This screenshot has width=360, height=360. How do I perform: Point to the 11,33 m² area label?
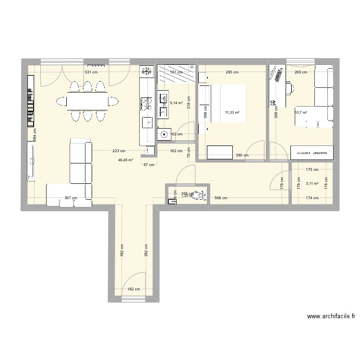click(x=232, y=113)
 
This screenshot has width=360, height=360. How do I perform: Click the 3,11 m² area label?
click(x=312, y=183)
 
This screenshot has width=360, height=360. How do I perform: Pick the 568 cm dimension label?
click(x=221, y=198)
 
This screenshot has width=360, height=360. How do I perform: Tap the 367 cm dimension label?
click(x=71, y=198)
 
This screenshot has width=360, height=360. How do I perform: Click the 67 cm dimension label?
click(x=149, y=165)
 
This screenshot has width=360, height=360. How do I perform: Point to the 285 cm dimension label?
click(x=232, y=72)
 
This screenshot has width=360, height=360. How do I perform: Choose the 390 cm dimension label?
click(x=242, y=155)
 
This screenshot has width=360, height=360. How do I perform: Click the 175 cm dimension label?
click(x=312, y=169)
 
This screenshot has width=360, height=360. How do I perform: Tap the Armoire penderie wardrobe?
click(x=312, y=153)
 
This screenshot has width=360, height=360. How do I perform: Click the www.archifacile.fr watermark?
click(x=332, y=316)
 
